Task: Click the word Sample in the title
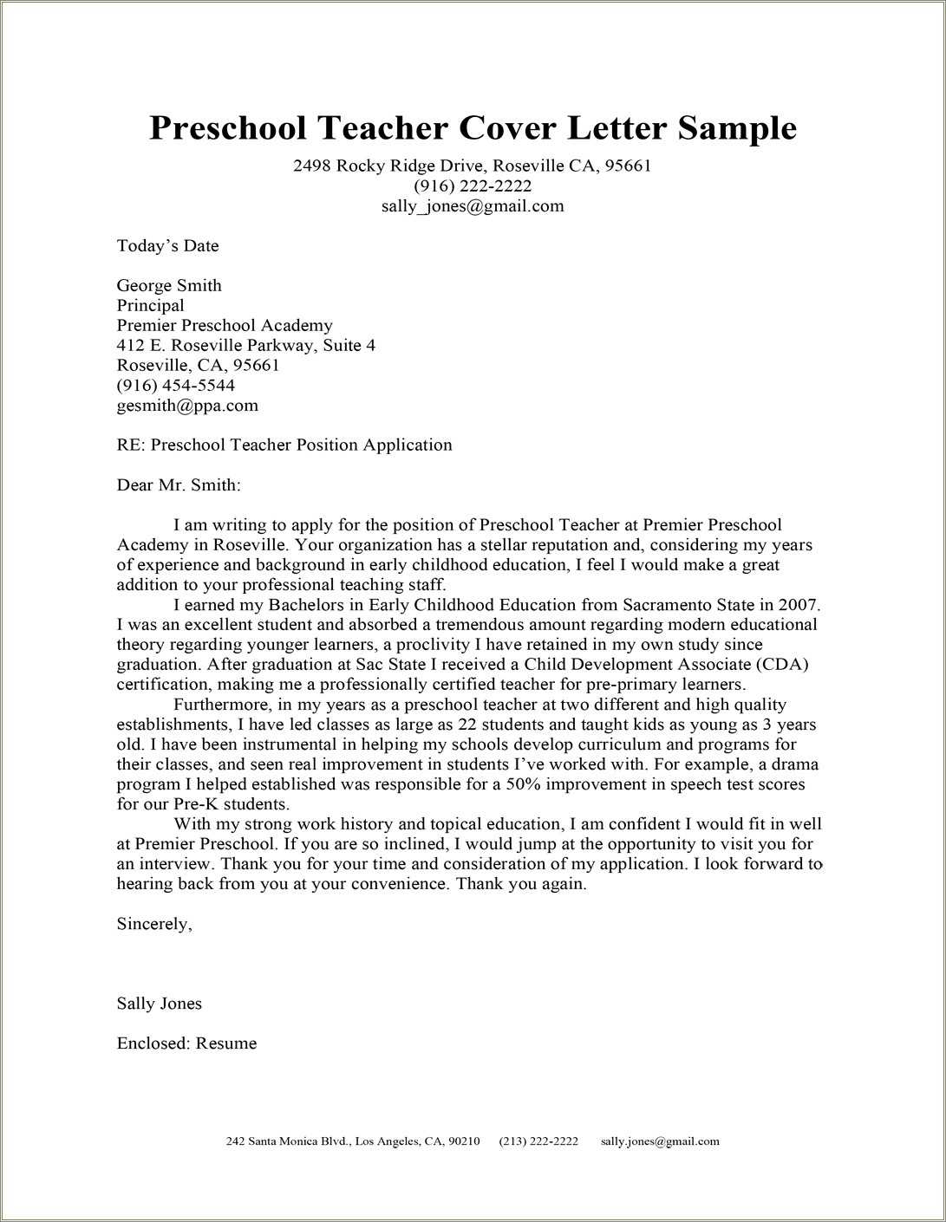736,128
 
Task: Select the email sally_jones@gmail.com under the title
473,206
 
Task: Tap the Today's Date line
167,246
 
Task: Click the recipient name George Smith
169,286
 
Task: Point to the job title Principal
150,306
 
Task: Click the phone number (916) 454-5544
175,386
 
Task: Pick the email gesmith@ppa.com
187,406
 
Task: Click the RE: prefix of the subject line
131,445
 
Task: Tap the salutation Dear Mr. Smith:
179,485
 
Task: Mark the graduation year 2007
799,605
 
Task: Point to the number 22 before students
491,725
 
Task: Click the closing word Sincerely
153,924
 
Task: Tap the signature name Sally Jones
160,1004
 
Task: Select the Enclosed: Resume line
186,1043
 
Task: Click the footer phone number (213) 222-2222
538,1141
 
